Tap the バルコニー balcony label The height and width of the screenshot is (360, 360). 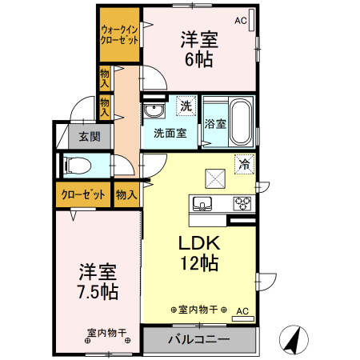pyautogui.click(x=198, y=339)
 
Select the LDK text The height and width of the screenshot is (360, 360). pyautogui.click(x=198, y=242)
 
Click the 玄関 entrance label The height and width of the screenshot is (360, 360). pyautogui.click(x=89, y=137)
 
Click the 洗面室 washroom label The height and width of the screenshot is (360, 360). pyautogui.click(x=170, y=133)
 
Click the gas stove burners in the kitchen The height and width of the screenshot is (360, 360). pyautogui.click(x=242, y=203)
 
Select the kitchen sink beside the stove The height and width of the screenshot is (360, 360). pyautogui.click(x=202, y=203)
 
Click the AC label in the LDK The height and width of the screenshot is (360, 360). pyautogui.click(x=242, y=311)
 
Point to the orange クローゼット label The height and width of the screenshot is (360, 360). pyautogui.click(x=83, y=194)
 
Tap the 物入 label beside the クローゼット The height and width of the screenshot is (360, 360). pyautogui.click(x=126, y=194)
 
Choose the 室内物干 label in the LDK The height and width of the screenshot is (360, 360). pyautogui.click(x=198, y=309)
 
